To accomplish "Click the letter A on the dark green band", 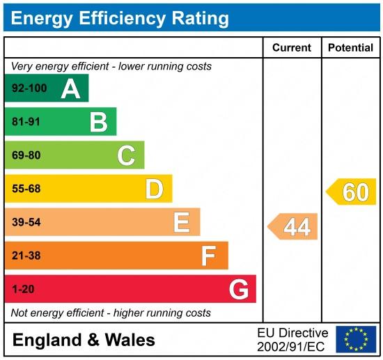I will [70, 88].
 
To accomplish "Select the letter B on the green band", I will [98, 122].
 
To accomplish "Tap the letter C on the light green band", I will [126, 155].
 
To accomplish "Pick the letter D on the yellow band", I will [154, 189].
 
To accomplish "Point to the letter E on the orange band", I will [182, 222].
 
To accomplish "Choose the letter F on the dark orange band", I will [208, 256].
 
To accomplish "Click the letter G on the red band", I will [239, 289].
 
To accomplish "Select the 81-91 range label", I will [26, 122].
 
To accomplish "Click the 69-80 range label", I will [26, 155].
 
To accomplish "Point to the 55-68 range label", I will [26, 189].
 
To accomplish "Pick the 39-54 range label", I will [26, 222].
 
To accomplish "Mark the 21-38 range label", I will [26, 256].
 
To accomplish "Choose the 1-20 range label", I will [23, 289].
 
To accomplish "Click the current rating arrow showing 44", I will [294, 227].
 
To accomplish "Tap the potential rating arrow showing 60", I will [353, 191].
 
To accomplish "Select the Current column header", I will [291, 47].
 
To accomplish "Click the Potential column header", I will [350, 47].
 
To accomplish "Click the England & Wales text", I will [84, 340].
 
